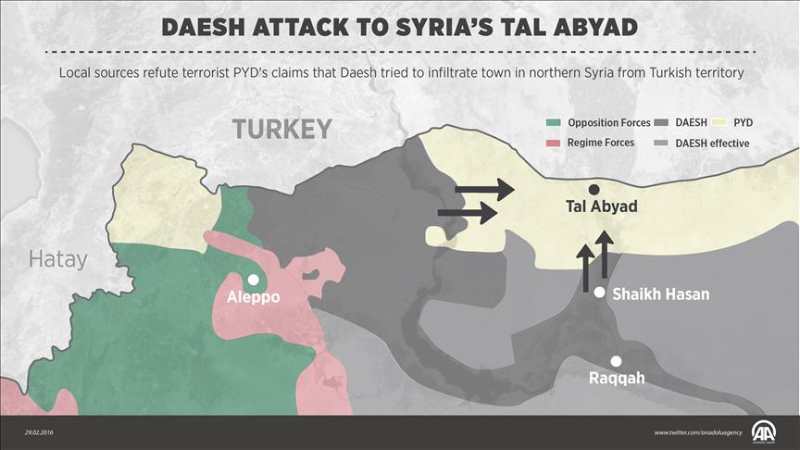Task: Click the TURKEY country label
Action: point(281,129)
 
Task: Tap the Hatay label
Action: point(57,259)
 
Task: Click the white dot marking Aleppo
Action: point(253,278)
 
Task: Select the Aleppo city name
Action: point(253,297)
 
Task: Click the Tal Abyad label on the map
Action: point(602,206)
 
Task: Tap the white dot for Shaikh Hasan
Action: point(599,293)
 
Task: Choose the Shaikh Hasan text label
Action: point(661,294)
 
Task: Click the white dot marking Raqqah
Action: point(616,361)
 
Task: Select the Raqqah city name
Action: point(617,379)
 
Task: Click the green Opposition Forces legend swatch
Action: point(553,122)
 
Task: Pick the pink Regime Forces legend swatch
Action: point(553,143)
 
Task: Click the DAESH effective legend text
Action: point(712,143)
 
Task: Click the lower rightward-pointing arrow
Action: point(468,214)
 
